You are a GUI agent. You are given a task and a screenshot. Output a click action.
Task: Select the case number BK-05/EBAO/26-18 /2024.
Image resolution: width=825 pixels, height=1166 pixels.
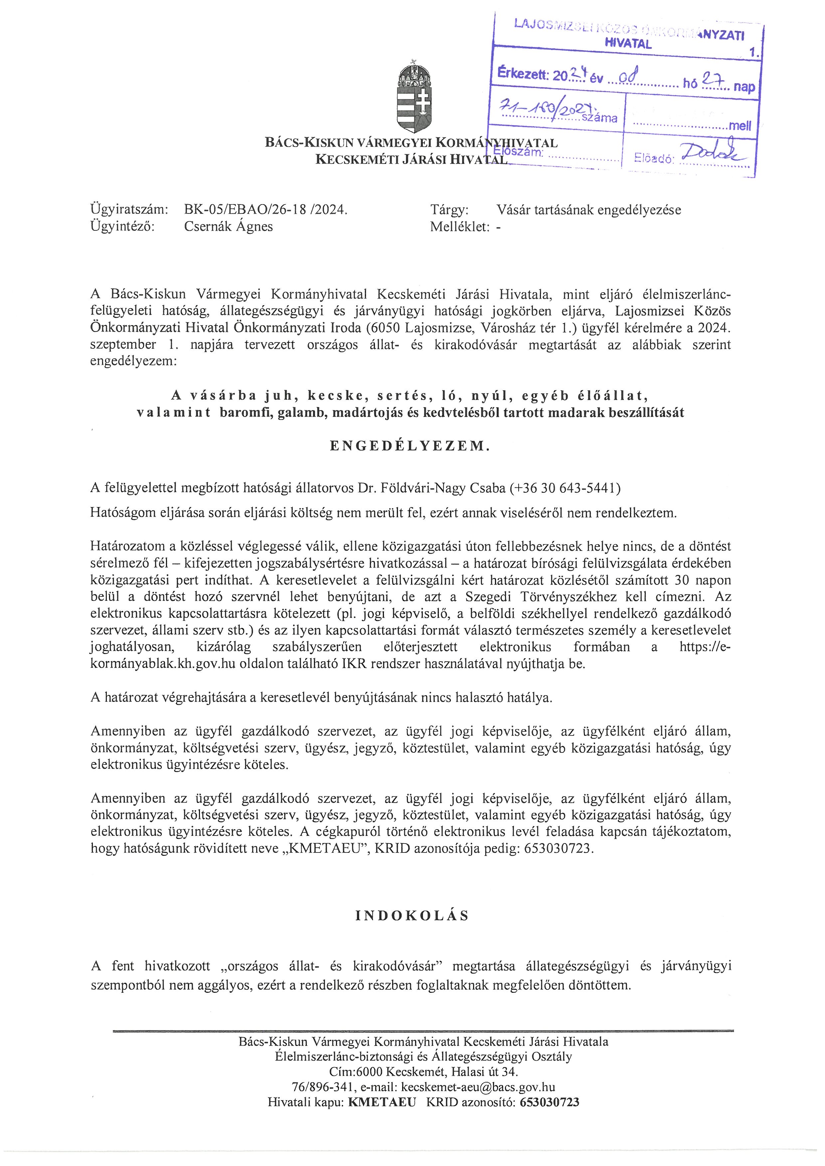tap(266, 210)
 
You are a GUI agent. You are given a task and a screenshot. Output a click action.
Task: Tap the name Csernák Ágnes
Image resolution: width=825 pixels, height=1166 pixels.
tap(228, 226)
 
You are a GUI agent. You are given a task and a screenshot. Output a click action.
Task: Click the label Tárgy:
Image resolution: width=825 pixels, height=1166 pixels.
tap(449, 210)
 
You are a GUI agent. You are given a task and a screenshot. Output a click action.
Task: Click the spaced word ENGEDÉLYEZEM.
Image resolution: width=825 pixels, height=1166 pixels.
tap(410, 446)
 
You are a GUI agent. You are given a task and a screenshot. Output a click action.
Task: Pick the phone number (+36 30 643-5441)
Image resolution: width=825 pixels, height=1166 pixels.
tap(565, 488)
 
